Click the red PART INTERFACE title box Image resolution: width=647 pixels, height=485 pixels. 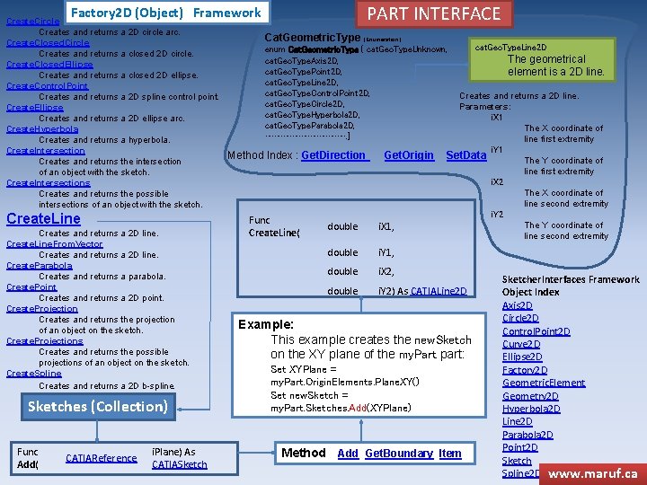click(x=435, y=13)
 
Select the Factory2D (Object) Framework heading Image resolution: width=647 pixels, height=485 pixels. click(x=165, y=13)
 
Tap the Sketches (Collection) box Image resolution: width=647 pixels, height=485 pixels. click(x=98, y=407)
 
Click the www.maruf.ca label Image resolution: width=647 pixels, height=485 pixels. click(x=592, y=472)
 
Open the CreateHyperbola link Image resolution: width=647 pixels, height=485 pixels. click(x=42, y=129)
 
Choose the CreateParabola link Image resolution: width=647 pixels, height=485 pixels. click(x=40, y=266)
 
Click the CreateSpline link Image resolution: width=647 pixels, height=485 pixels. click(x=34, y=374)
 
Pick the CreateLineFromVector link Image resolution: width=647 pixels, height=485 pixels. click(x=55, y=244)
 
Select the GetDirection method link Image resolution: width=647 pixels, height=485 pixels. click(x=334, y=155)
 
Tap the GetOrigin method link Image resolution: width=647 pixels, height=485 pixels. click(x=409, y=155)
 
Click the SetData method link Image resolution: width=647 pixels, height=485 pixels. click(x=465, y=155)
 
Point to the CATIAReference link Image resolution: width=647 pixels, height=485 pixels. click(x=101, y=458)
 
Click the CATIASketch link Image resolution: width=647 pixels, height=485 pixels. click(x=179, y=464)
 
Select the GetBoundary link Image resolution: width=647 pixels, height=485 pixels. click(x=399, y=454)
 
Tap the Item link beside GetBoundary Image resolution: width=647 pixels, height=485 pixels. click(x=450, y=454)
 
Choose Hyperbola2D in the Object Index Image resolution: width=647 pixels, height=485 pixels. click(x=530, y=409)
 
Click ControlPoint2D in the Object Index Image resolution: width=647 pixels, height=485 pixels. click(x=536, y=331)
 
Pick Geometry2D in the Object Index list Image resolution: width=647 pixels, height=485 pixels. click(x=530, y=396)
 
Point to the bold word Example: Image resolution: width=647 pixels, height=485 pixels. click(x=266, y=324)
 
